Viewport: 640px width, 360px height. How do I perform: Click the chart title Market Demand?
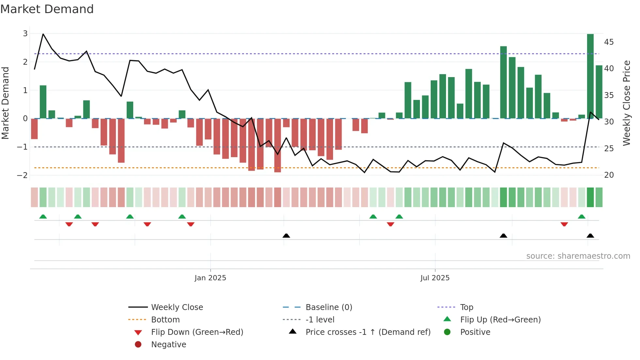[x=47, y=9]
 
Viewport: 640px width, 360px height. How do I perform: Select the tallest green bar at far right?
[x=590, y=76]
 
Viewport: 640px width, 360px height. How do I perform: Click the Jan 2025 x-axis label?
[x=210, y=278]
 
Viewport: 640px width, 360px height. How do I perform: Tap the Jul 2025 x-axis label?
[x=435, y=278]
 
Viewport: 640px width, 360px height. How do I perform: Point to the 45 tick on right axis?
[x=609, y=42]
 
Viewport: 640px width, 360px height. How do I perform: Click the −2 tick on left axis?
[x=22, y=175]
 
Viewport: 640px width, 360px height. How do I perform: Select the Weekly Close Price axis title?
[x=626, y=103]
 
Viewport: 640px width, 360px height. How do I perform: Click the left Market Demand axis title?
[x=5, y=103]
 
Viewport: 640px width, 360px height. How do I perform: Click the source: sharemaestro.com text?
[x=578, y=256]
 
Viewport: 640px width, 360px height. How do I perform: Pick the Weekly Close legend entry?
[x=177, y=307]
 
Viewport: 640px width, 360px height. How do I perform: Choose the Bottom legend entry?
[x=165, y=320]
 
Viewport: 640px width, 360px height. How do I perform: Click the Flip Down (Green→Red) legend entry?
[x=197, y=332]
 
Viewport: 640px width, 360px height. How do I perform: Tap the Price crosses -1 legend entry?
[x=368, y=332]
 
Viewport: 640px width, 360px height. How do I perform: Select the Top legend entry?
[x=466, y=307]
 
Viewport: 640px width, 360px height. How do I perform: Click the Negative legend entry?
[x=168, y=345]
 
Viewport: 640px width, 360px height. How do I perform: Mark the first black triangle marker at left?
[x=286, y=236]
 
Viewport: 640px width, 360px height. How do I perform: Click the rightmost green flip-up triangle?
[x=582, y=217]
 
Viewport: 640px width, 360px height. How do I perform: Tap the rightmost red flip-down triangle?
[x=564, y=224]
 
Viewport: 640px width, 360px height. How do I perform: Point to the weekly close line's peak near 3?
[x=43, y=34]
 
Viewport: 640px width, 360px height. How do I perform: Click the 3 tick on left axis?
[x=25, y=33]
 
